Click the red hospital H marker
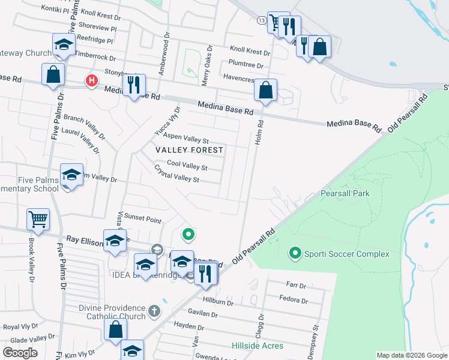coord(91,80)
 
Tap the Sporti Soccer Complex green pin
coord(295,254)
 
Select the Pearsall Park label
coord(345,193)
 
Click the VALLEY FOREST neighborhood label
coord(189,149)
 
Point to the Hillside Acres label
coord(258,346)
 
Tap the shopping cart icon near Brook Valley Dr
coord(38,219)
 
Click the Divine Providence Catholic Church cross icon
coord(154,310)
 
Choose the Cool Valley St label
coord(187,164)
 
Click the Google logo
coord(20,353)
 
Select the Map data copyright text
coord(411,355)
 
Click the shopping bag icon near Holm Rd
coord(265,90)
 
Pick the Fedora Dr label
coord(294,299)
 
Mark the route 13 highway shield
coord(261,20)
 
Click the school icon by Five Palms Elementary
coord(71,175)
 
